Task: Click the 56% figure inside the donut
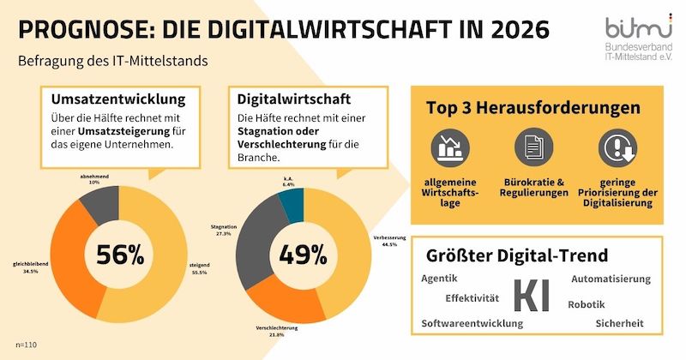(119, 255)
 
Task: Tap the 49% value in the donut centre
(303, 255)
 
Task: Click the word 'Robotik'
(587, 305)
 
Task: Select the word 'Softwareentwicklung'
(472, 323)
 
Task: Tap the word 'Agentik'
(440, 279)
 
